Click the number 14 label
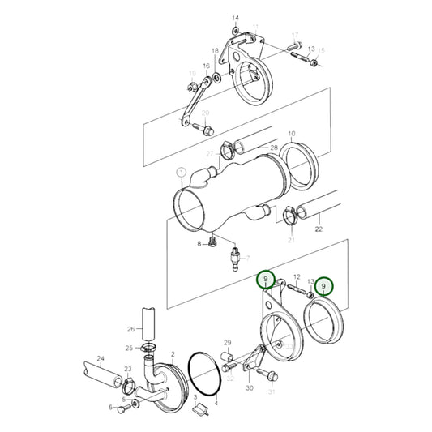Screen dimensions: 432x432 coord(236,17)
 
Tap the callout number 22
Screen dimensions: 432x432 coord(319,230)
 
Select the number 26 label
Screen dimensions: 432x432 coord(130,329)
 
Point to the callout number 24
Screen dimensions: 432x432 coord(101,357)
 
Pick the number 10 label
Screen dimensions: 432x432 coord(291,133)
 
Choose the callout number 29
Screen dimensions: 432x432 coord(228,343)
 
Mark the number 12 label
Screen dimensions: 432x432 coord(297,276)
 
